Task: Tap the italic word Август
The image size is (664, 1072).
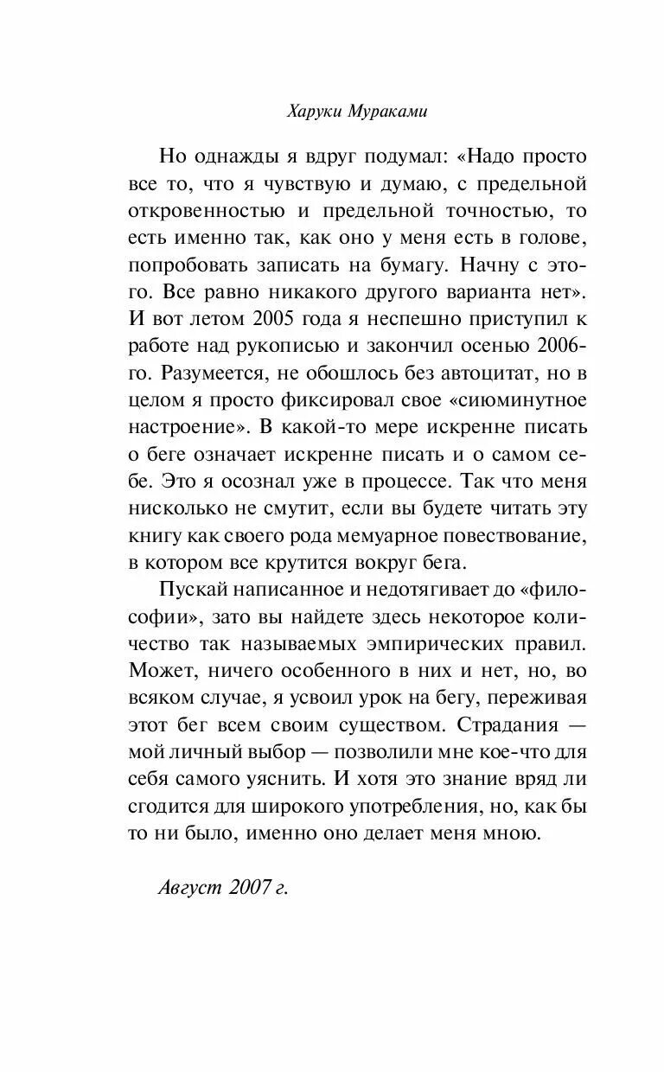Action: [191, 887]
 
